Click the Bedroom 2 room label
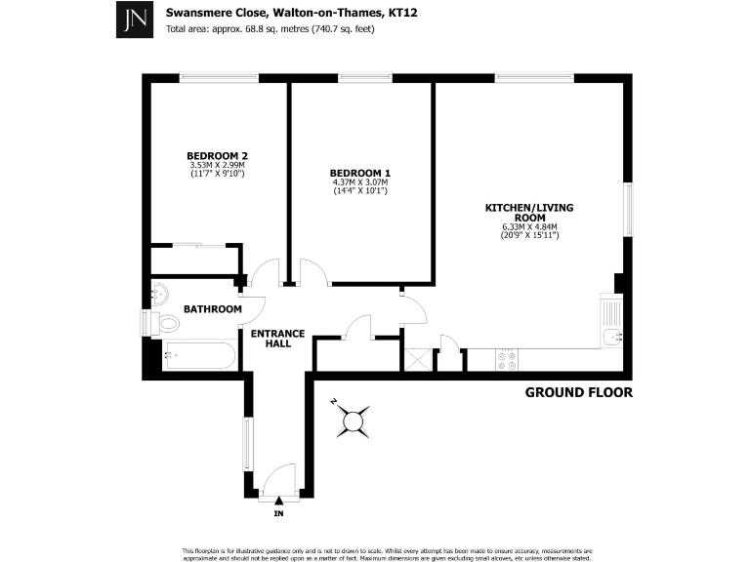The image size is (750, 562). [x=217, y=155]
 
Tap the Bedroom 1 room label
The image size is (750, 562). [x=360, y=172]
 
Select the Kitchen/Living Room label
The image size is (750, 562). [x=529, y=214]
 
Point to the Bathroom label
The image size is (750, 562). [x=213, y=309]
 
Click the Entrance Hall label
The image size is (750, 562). [x=278, y=339]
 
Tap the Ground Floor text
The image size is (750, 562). [x=579, y=393]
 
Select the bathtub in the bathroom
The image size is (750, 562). [x=198, y=356]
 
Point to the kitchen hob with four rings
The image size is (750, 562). [x=508, y=360]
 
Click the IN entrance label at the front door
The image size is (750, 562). [x=278, y=513]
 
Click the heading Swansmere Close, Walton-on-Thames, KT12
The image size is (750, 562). [x=270, y=14]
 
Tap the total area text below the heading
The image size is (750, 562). [x=271, y=29]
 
